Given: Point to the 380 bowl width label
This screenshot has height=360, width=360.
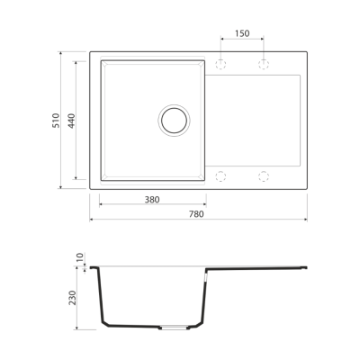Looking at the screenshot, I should click(151, 198).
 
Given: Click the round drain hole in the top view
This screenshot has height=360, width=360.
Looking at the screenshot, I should click(173, 119).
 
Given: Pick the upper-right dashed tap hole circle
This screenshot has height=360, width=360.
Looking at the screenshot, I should click(264, 64).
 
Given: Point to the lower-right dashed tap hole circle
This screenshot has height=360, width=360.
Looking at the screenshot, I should click(264, 174).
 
